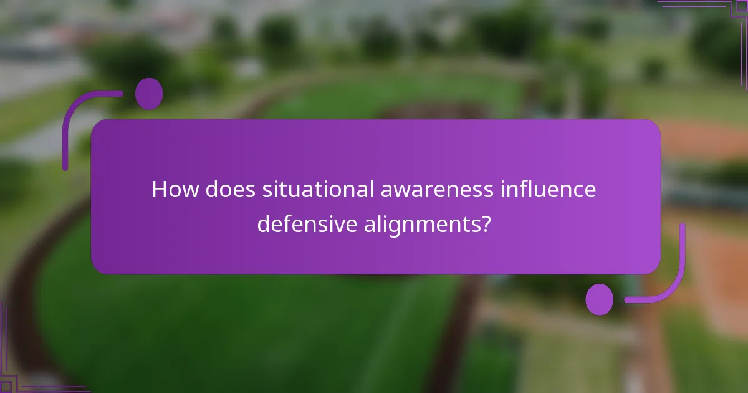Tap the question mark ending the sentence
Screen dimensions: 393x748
coord(482,223)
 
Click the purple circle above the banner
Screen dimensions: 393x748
coord(149,94)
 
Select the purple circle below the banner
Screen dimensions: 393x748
coord(600,299)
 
